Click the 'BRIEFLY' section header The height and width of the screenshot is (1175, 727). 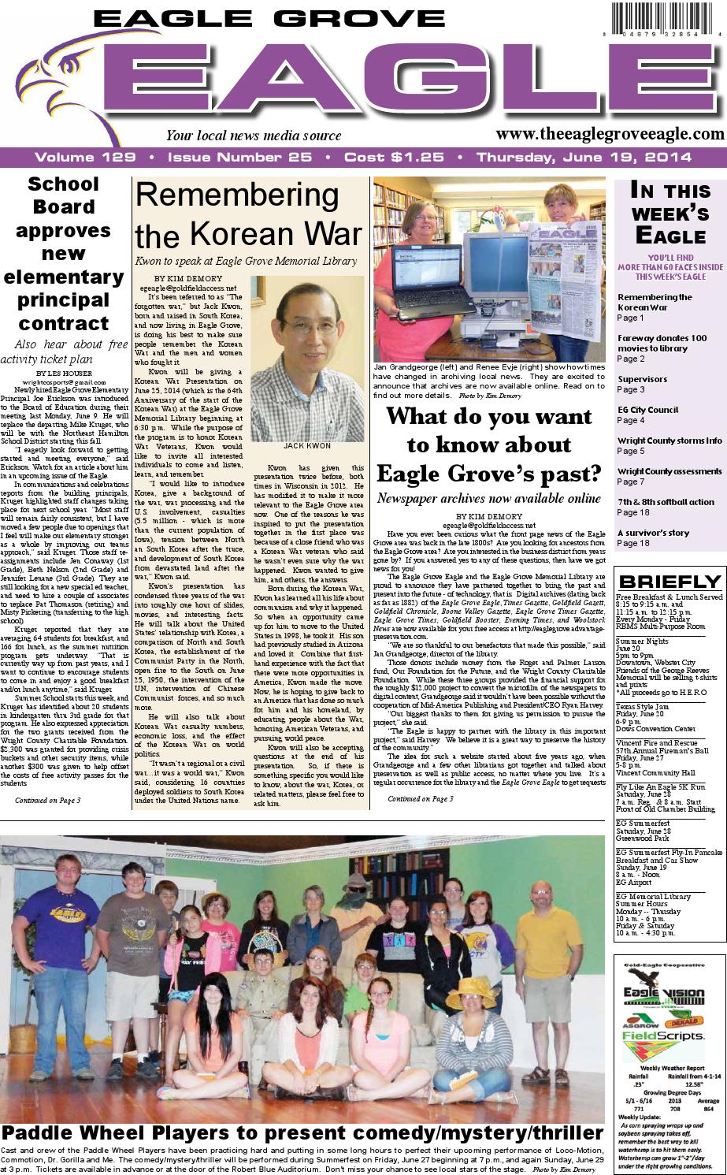pyautogui.click(x=669, y=582)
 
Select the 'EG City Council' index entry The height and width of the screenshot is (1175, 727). pyautogui.click(x=647, y=410)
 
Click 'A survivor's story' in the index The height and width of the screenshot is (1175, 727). pyautogui.click(x=653, y=533)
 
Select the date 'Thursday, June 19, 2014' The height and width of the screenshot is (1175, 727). pyautogui.click(x=584, y=158)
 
